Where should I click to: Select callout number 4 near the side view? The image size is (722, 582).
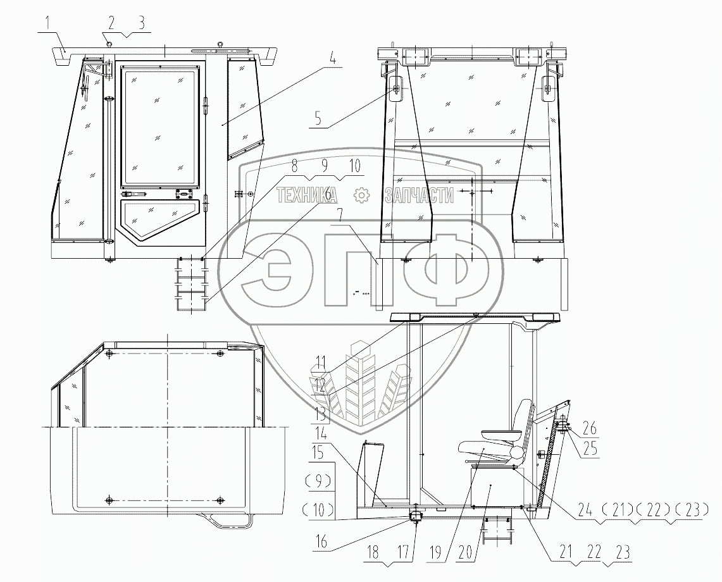click(333, 59)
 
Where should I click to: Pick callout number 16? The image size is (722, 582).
click(321, 542)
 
